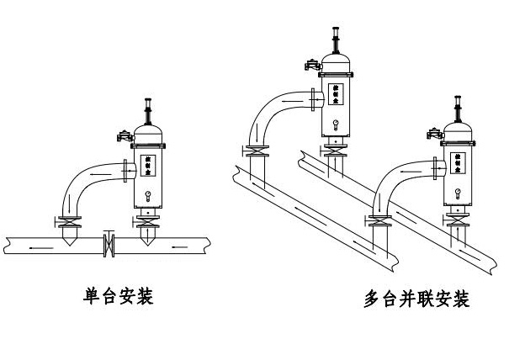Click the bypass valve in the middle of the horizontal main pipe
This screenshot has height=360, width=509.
tap(107, 245)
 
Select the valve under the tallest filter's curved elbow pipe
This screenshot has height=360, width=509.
tap(255, 153)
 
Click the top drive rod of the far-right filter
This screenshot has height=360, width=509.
tap(459, 106)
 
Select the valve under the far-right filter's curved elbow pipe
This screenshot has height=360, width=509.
tap(380, 223)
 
